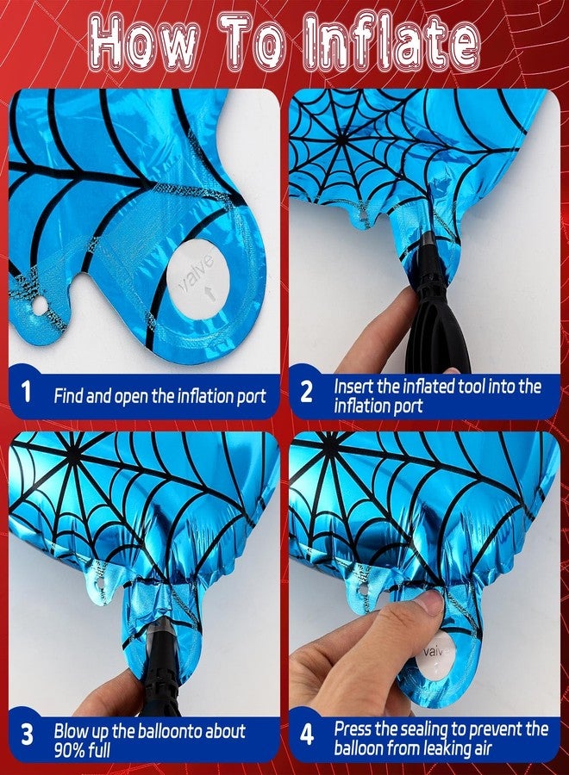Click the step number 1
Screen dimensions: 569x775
click(x=27, y=391)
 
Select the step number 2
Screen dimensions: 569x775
click(x=307, y=392)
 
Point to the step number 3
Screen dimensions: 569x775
click(x=28, y=734)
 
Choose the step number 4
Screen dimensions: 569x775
click(x=307, y=734)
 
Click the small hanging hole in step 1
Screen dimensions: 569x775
click(x=39, y=307)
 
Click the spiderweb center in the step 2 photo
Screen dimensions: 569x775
click(x=341, y=140)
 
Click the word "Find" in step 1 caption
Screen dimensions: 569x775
click(x=68, y=396)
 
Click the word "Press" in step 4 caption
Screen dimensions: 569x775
click(x=353, y=729)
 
